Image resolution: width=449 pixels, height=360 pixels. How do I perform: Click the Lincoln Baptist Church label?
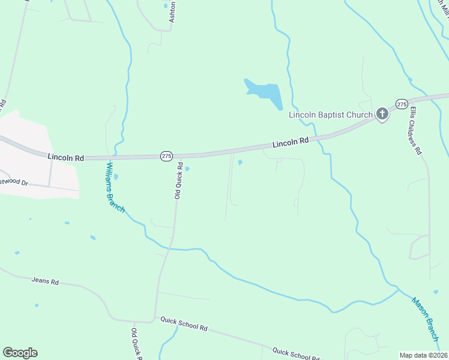(331, 115)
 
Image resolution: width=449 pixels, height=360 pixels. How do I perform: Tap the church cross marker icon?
(382, 114)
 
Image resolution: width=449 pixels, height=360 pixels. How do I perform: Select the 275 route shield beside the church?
(402, 103)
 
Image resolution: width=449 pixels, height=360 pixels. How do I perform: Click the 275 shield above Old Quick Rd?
(166, 156)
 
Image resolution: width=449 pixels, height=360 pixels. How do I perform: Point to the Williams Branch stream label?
(115, 187)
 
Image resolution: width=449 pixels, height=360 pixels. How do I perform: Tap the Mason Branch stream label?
(426, 319)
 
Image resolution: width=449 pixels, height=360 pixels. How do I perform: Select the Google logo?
(20, 353)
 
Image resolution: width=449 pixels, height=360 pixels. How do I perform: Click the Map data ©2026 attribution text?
(423, 355)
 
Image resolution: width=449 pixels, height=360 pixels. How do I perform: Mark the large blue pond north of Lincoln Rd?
(265, 93)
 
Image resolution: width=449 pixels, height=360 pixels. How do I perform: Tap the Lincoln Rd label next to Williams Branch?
(65, 157)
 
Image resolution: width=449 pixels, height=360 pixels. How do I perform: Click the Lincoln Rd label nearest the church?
(290, 143)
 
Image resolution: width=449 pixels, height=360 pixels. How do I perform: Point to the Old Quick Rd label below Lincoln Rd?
(178, 182)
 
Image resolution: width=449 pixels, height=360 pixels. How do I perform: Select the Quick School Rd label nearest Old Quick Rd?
(184, 325)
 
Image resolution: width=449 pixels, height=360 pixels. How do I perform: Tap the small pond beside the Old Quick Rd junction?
(188, 169)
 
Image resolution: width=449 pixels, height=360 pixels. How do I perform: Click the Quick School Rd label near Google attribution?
(295, 353)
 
